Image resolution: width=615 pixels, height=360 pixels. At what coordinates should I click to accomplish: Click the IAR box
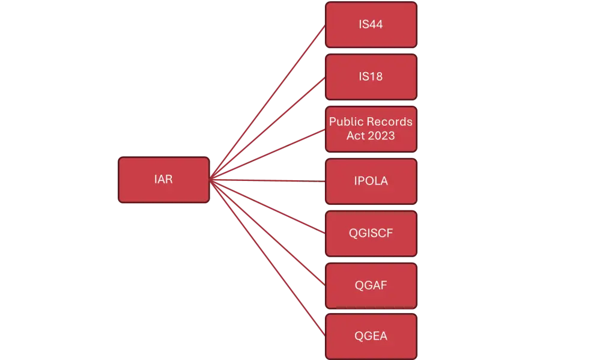coord(163,180)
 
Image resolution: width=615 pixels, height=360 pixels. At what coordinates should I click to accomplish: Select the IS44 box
coord(371,25)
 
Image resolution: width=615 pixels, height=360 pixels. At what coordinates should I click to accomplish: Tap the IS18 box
coord(371,77)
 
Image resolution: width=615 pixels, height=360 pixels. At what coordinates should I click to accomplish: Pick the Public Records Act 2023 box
coord(371,129)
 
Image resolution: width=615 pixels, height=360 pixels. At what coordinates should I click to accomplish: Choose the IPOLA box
coord(371,180)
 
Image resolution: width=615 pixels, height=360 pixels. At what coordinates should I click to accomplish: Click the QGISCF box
coord(371,233)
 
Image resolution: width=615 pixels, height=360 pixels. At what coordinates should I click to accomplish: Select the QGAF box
coord(371,285)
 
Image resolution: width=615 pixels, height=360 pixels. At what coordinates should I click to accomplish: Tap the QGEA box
coord(371,336)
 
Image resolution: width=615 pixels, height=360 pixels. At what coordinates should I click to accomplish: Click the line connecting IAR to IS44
coord(267,103)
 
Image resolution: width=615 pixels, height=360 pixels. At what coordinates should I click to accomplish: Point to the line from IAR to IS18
coord(267,129)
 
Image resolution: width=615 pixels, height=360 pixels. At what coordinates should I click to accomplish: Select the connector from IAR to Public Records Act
coord(267,154)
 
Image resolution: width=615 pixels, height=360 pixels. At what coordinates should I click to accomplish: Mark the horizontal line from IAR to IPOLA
coord(267,180)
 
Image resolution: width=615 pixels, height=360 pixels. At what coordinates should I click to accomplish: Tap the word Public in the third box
coord(345,121)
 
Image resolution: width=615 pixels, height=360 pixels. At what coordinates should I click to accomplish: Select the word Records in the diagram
coord(389,121)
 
